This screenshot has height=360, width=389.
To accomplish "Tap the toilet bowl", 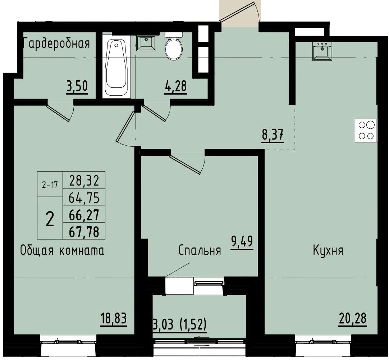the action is pos(174,47).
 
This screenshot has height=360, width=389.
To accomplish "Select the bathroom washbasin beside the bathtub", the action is pos(146,43).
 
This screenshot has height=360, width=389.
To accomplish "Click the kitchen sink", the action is pos(322,51).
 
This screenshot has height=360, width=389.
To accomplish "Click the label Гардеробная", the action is pos(56,44).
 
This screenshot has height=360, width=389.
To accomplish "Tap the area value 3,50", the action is pos(77,87).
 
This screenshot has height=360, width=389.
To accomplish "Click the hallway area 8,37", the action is pos(273,136).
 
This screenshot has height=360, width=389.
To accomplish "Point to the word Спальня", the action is pos(200,251).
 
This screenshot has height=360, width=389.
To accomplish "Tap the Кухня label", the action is pos(328,251).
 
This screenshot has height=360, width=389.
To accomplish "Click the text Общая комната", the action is pos(62,251).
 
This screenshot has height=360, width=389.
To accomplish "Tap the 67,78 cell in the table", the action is pos(84,232).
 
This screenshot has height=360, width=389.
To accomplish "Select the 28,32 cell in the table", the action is pos(84,181).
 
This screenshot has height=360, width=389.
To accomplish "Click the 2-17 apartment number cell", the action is pos(50,184).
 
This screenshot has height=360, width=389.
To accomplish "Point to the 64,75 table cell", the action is pos(84,197).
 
